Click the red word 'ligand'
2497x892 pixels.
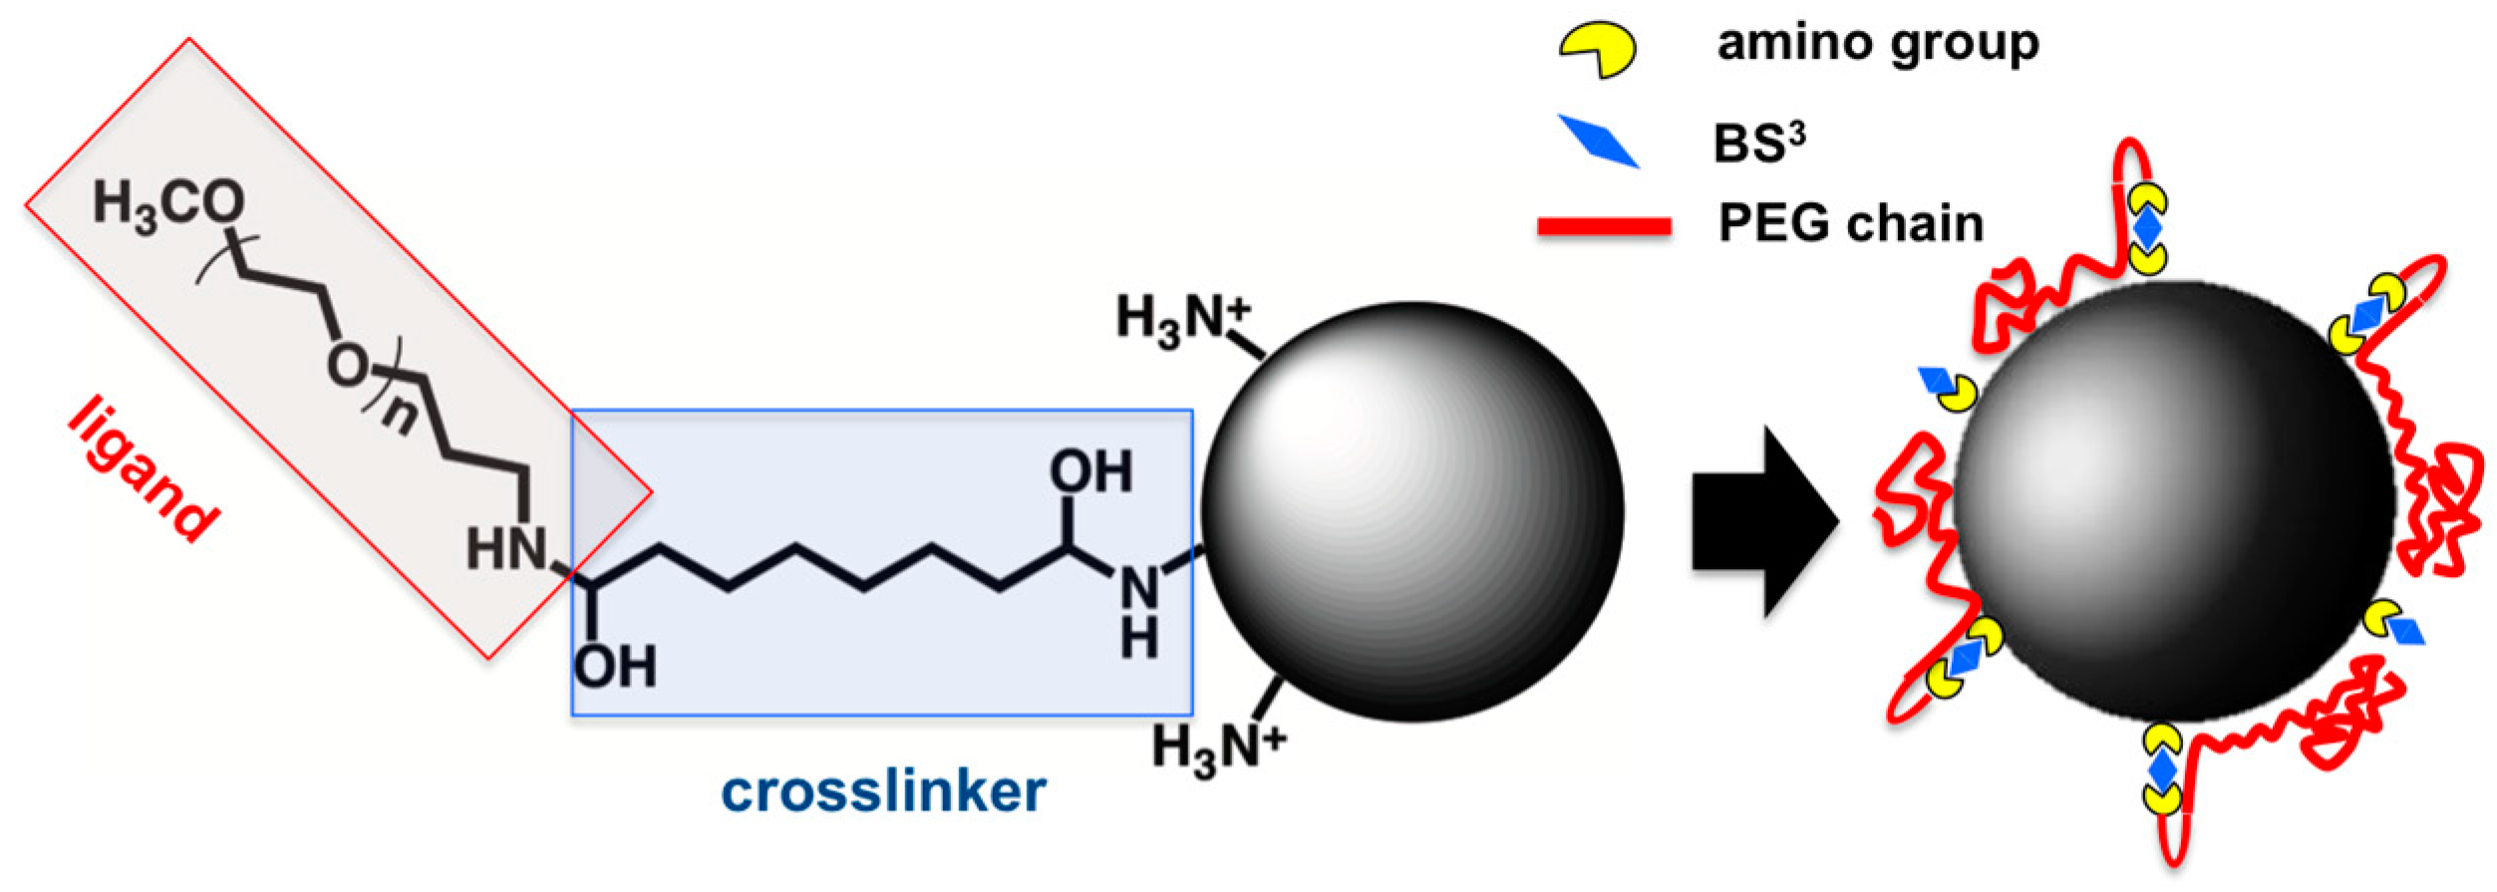tap(143, 468)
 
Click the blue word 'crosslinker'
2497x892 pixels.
tap(883, 792)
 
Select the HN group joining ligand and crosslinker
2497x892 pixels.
tap(506, 549)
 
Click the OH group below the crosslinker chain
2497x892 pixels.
tap(615, 667)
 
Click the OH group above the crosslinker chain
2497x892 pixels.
tap(1091, 471)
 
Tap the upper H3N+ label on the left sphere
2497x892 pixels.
tap(1182, 320)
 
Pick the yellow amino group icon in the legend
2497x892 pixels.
tap(1597, 50)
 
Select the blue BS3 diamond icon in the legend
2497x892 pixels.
tap(1598, 141)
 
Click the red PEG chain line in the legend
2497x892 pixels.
tap(1604, 226)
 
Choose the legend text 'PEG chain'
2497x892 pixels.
tap(1851, 223)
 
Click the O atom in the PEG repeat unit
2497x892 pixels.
tap(346, 367)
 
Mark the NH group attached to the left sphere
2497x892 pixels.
tap(1138, 610)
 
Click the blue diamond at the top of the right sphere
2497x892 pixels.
tap(2146, 228)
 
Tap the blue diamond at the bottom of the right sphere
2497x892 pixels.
tap(2161, 770)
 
